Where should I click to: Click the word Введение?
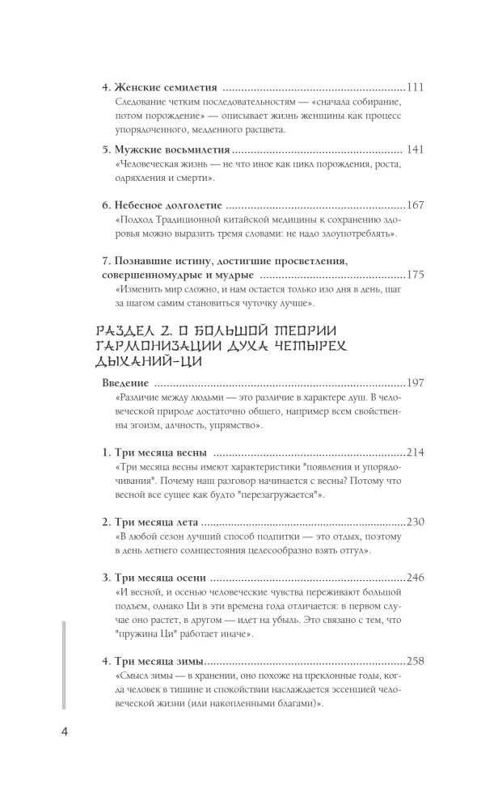(x=128, y=382)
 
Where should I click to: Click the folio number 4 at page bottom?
(x=65, y=732)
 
